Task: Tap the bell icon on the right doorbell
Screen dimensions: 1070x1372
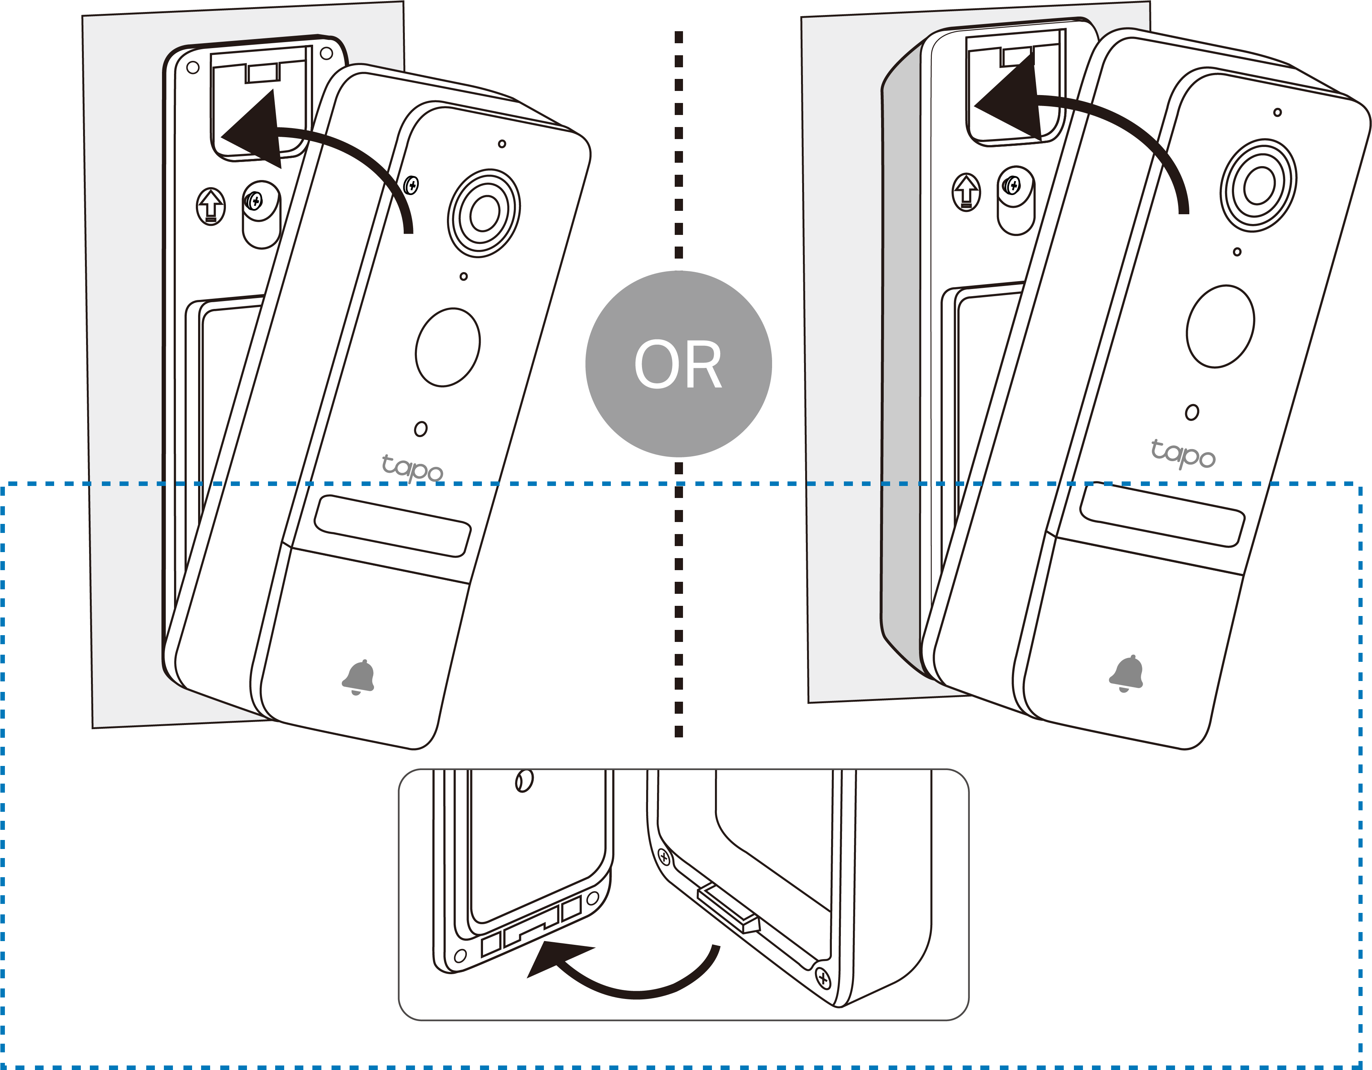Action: click(1127, 672)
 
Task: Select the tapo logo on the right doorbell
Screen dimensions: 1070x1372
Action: click(1183, 453)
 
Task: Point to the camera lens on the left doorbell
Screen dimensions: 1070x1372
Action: click(483, 212)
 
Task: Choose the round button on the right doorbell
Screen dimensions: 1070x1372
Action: click(1220, 326)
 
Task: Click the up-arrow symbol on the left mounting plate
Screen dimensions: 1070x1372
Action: click(211, 206)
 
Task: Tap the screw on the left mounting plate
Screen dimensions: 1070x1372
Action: click(254, 201)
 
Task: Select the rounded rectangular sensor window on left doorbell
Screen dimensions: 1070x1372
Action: click(393, 525)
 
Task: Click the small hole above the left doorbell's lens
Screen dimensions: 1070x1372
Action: click(501, 144)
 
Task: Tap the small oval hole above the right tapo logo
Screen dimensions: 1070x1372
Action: click(1192, 413)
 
